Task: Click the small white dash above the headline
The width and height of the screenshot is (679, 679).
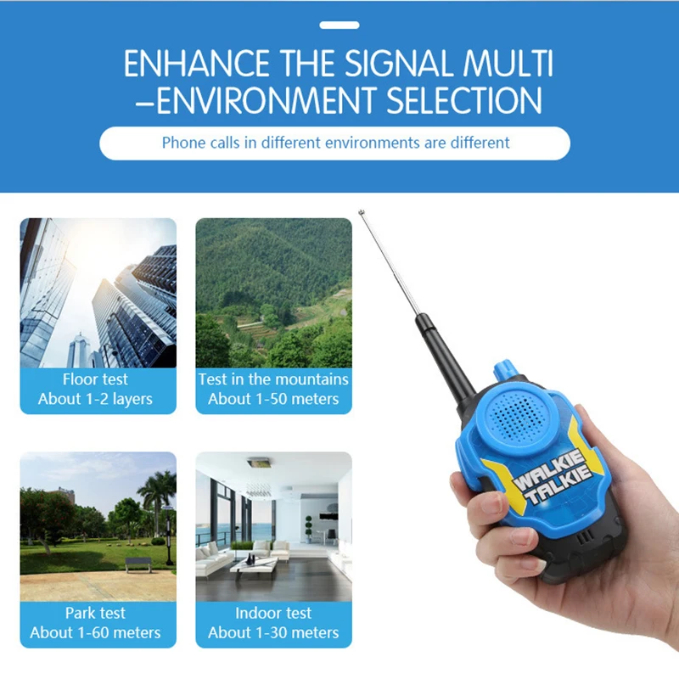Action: (x=339, y=25)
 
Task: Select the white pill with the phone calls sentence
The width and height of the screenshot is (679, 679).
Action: (x=335, y=143)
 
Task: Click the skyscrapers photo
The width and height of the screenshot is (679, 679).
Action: (x=98, y=293)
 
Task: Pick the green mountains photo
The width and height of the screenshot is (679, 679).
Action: (x=273, y=293)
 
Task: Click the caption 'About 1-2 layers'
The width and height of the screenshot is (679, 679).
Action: (x=95, y=399)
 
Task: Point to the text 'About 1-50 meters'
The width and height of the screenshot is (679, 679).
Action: (x=273, y=399)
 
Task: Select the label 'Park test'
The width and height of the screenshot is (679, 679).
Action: (x=95, y=613)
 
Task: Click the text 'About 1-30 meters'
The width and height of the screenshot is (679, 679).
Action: (x=273, y=632)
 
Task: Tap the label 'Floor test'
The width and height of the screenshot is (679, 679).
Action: (x=95, y=379)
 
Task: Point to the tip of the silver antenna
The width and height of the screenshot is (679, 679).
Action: (x=362, y=211)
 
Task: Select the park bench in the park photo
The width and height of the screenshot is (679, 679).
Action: (x=137, y=563)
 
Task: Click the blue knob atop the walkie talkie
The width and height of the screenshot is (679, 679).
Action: (x=506, y=370)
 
